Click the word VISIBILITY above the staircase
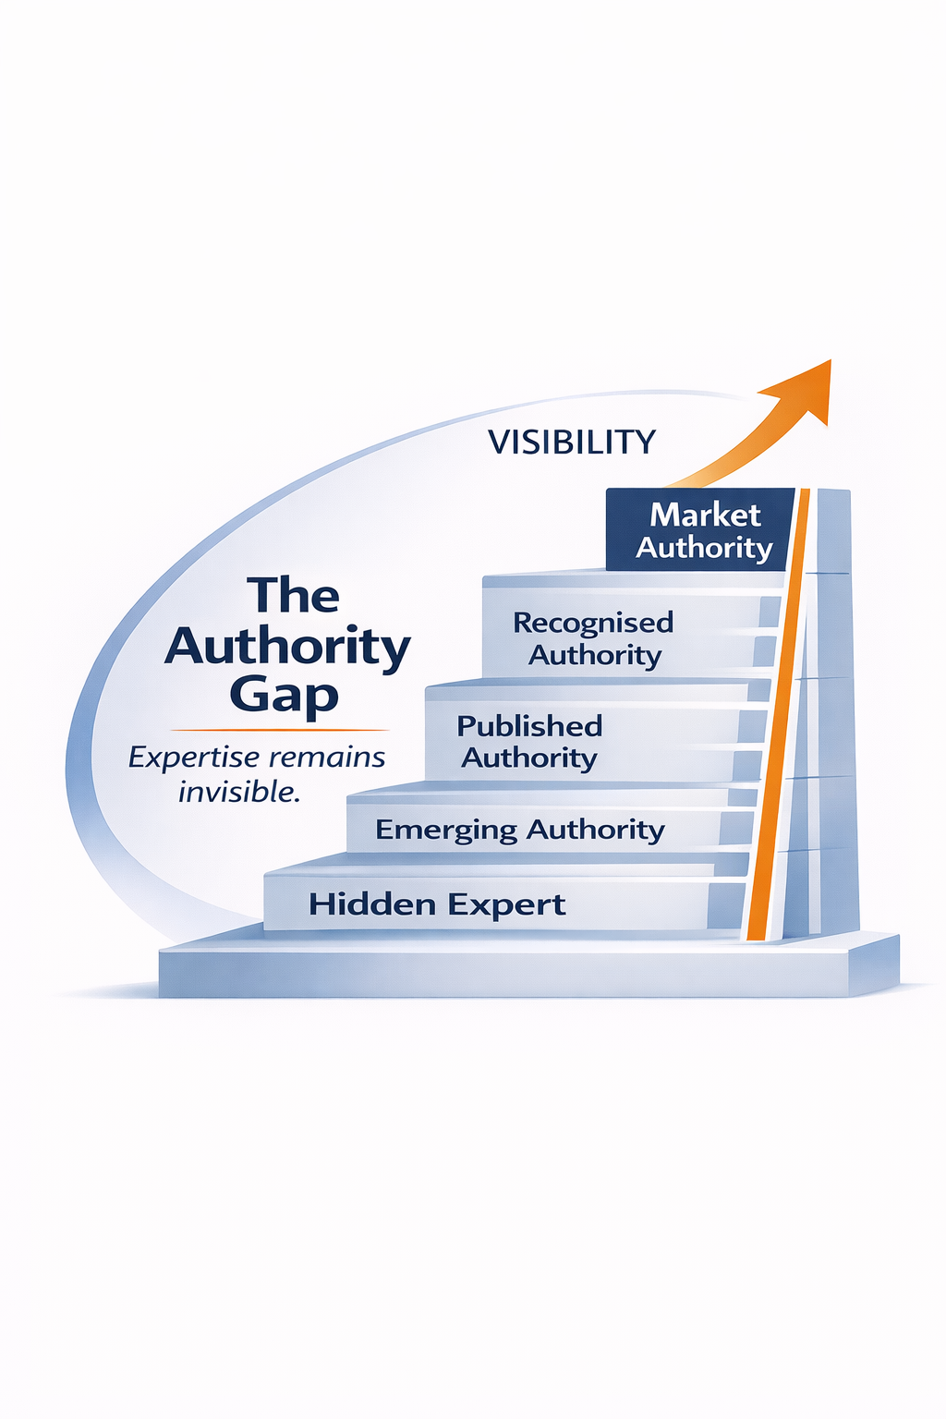[x=571, y=442]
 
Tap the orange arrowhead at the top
[x=805, y=388]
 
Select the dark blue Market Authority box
[x=699, y=530]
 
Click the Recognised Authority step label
[x=593, y=638]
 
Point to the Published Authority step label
[x=529, y=742]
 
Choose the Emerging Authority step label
[x=519, y=830]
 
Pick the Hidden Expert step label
[x=437, y=904]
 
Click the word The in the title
[x=293, y=596]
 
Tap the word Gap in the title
[x=284, y=696]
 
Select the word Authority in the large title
[x=287, y=647]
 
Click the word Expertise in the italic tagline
[x=193, y=758]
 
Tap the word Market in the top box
[x=705, y=515]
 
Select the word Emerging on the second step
[x=446, y=831]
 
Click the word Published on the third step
[x=529, y=726]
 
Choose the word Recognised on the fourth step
[x=593, y=623]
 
